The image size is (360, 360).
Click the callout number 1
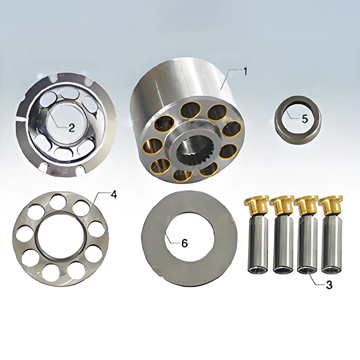[x=245, y=72]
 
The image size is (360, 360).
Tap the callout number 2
[x=72, y=128]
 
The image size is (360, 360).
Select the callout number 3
[x=329, y=285]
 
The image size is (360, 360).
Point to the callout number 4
[x=114, y=194]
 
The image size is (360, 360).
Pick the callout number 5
[x=305, y=119]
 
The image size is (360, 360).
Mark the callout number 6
[x=184, y=243]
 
